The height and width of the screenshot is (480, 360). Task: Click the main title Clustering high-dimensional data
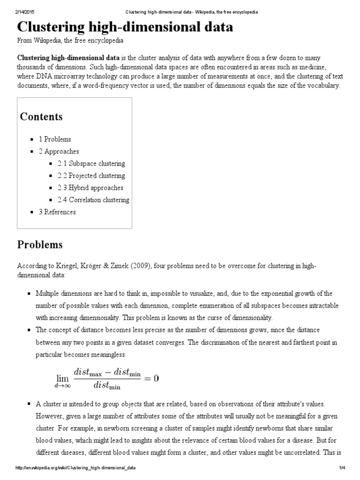coord(125,27)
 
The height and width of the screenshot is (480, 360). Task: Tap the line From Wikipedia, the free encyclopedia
coord(70,41)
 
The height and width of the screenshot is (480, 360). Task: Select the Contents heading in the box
coord(41,117)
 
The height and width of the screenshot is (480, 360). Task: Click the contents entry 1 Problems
coord(55,139)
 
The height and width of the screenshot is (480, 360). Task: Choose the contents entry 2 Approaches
coord(59,151)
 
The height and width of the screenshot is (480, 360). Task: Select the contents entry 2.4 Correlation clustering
coord(93,200)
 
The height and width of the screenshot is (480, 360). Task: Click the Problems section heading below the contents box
coord(40,245)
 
